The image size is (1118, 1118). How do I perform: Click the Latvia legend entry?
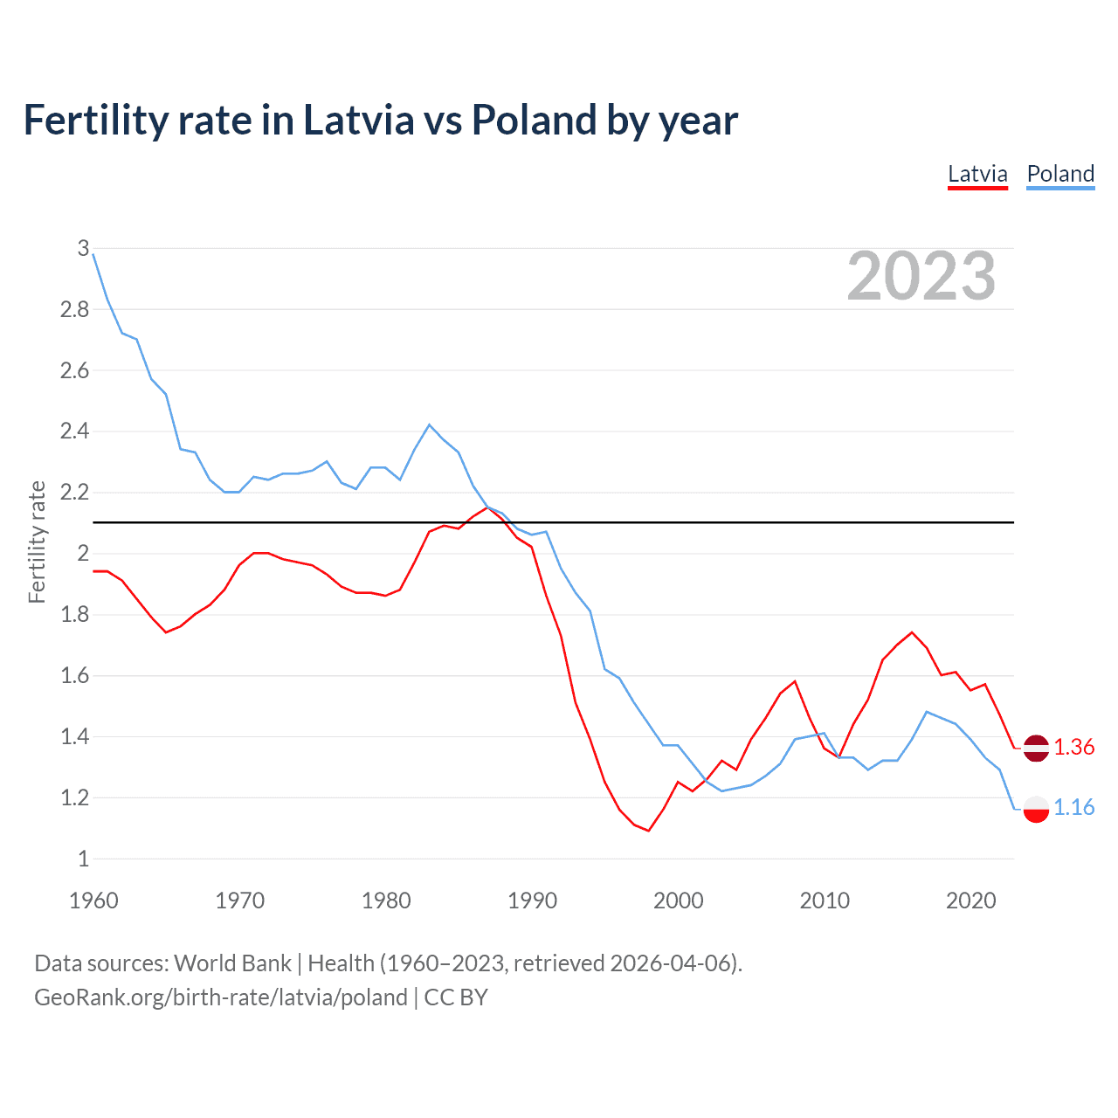pyautogui.click(x=977, y=174)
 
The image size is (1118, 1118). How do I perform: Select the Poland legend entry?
pyautogui.click(x=1060, y=174)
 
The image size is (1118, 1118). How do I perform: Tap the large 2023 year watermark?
pyautogui.click(x=921, y=277)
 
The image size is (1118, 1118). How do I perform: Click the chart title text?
pyautogui.click(x=380, y=120)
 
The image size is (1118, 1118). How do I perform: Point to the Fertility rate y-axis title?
pyautogui.click(x=37, y=542)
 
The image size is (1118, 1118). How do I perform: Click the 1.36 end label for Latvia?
pyautogui.click(x=1073, y=748)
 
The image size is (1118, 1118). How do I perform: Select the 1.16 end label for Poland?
pyautogui.click(x=1073, y=808)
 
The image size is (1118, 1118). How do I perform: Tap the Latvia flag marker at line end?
pyautogui.click(x=1036, y=749)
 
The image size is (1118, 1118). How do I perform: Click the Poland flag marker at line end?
pyautogui.click(x=1036, y=809)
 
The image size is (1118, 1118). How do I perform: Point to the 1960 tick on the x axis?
pyautogui.click(x=93, y=901)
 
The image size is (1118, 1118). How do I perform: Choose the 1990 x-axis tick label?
pyautogui.click(x=532, y=901)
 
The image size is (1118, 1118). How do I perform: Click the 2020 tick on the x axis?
pyautogui.click(x=970, y=901)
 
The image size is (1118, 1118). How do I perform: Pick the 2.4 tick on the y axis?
pyautogui.click(x=74, y=431)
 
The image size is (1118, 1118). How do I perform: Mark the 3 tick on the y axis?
pyautogui.click(x=83, y=248)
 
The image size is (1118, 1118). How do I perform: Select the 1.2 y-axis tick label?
pyautogui.click(x=74, y=797)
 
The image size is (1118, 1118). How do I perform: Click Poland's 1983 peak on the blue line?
pyautogui.click(x=429, y=424)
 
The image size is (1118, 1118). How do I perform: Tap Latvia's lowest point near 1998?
pyautogui.click(x=648, y=830)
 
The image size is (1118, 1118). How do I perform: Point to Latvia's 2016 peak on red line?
pyautogui.click(x=912, y=632)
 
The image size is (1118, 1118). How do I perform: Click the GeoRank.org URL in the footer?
pyautogui.click(x=221, y=997)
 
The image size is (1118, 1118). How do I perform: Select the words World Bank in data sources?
pyautogui.click(x=232, y=963)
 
